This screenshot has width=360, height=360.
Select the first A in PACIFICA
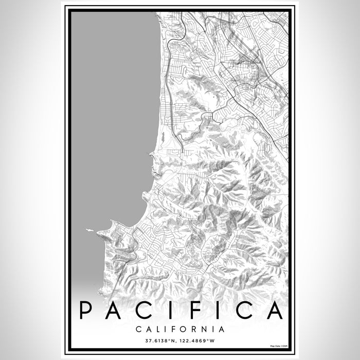point(114,310)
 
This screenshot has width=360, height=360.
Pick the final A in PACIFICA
point(274,310)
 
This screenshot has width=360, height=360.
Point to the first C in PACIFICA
point(143,310)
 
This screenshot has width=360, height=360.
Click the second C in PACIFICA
point(244,310)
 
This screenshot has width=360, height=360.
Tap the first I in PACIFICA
point(170,310)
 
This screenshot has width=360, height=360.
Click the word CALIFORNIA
point(180,329)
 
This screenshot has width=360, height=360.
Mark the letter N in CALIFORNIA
point(205,329)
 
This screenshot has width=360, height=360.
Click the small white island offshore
point(89,230)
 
